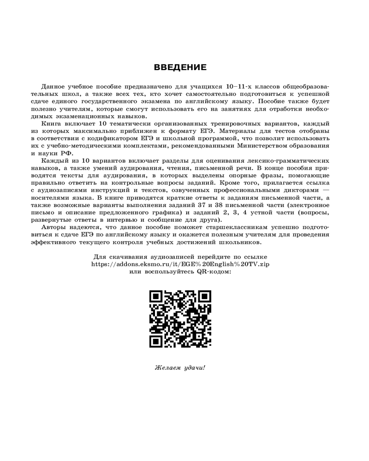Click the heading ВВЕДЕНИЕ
click(x=180, y=68)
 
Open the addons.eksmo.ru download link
click(x=180, y=265)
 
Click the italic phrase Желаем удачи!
click(x=180, y=368)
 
